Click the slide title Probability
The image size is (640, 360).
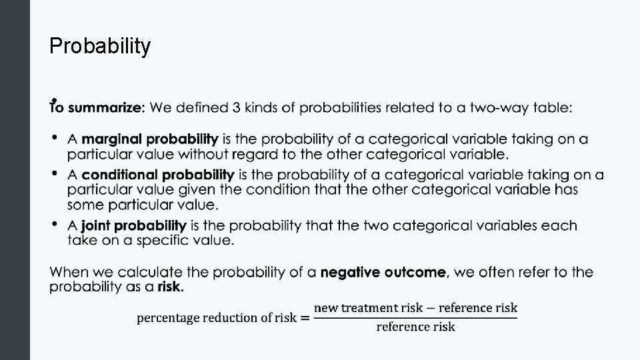click(x=101, y=46)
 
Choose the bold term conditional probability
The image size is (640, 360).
click(x=157, y=175)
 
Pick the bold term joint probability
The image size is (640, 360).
click(x=134, y=225)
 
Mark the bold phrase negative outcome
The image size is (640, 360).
click(x=383, y=272)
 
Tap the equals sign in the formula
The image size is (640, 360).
click(x=305, y=318)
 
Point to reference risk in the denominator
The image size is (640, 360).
click(x=415, y=327)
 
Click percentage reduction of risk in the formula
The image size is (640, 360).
click(x=216, y=318)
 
